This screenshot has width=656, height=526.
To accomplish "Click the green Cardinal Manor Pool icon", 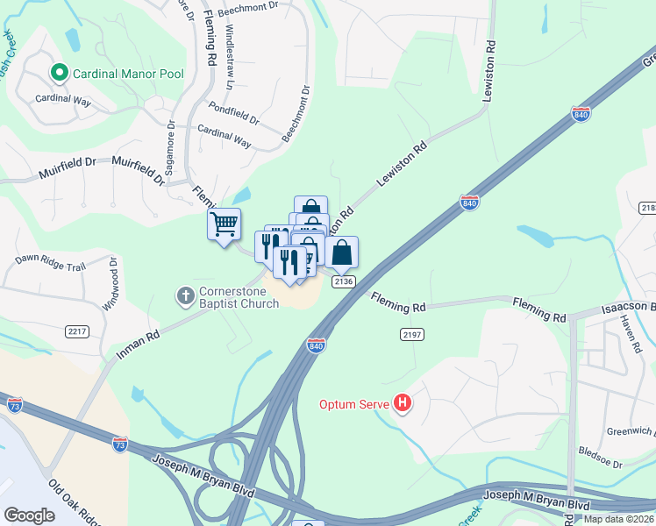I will pyautogui.click(x=60, y=73).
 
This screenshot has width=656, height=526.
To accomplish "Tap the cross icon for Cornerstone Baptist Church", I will pyautogui.click(x=185, y=296).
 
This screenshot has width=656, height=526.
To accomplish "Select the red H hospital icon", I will pyautogui.click(x=403, y=404).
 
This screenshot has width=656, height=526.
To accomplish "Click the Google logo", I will pyautogui.click(x=29, y=515).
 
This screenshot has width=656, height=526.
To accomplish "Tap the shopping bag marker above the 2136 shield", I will pyautogui.click(x=342, y=252).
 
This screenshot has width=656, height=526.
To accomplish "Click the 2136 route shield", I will pyautogui.click(x=343, y=281).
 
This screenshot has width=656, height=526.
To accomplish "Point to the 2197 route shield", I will pyautogui.click(x=411, y=335).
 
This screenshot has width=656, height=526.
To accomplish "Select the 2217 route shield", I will pyautogui.click(x=77, y=331).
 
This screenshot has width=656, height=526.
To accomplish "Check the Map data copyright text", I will pyautogui.click(x=618, y=519).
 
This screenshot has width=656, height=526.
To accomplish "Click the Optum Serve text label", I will pyautogui.click(x=354, y=404).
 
